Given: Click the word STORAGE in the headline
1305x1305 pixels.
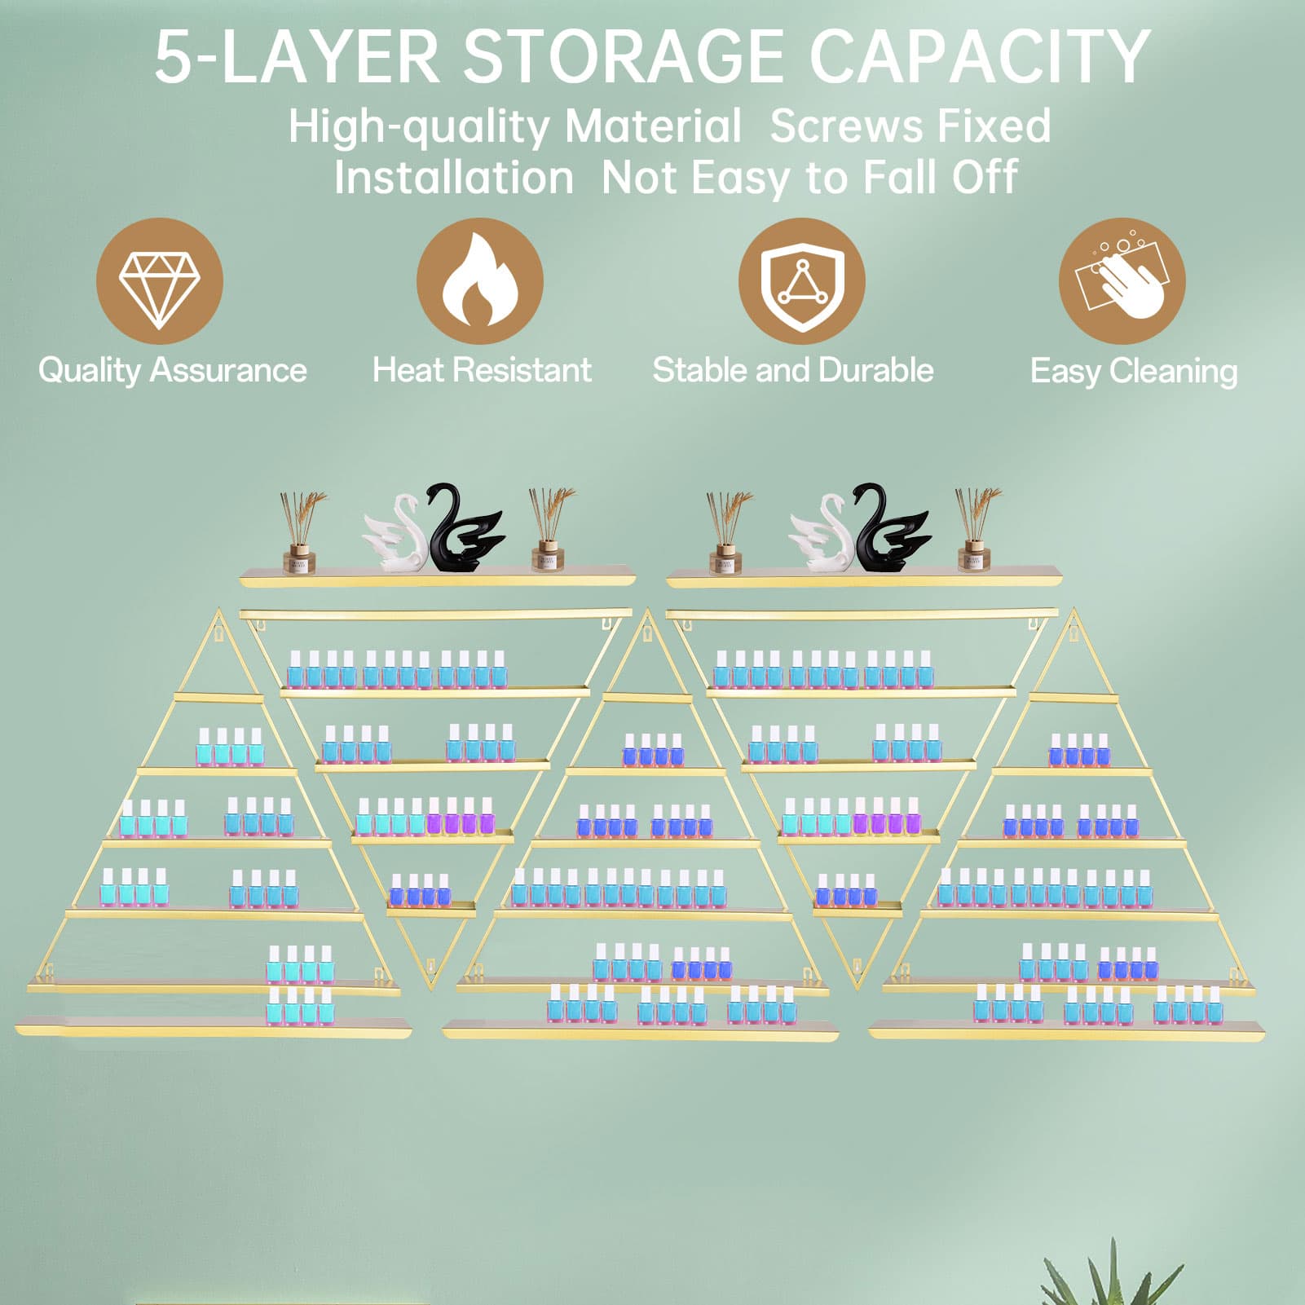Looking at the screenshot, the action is point(624,56).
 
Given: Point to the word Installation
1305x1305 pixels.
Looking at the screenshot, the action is point(454,177).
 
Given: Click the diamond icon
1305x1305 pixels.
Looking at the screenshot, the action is point(159,281).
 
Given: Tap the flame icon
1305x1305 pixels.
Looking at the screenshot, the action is point(479,281).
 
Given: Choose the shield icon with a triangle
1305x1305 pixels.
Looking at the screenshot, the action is point(801,281).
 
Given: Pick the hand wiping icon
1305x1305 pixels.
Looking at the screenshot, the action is point(1122,281).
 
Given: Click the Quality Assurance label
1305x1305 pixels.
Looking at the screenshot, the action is point(173,371).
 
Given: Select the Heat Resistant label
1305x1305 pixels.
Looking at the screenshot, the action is point(482,370).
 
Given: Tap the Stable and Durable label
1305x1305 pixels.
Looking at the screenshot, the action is point(793,370).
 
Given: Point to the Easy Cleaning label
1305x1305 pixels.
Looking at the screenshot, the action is point(1134,372).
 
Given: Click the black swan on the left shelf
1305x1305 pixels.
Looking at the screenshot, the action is point(461,527).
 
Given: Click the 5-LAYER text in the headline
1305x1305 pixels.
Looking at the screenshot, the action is point(298,56).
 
